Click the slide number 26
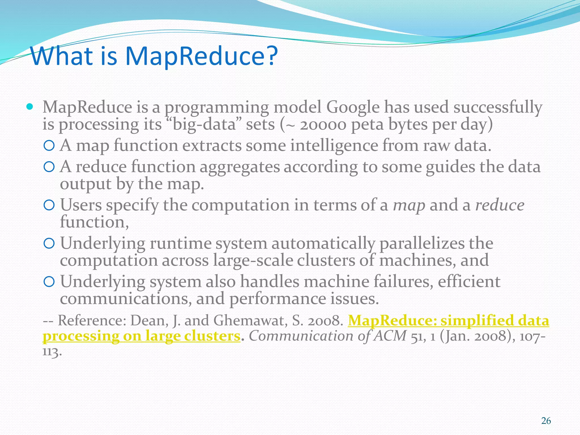(x=546, y=421)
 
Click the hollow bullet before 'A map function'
(x=49, y=146)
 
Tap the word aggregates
(x=240, y=167)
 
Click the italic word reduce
(x=500, y=205)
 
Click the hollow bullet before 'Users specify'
(x=49, y=206)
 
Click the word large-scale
(x=253, y=261)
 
